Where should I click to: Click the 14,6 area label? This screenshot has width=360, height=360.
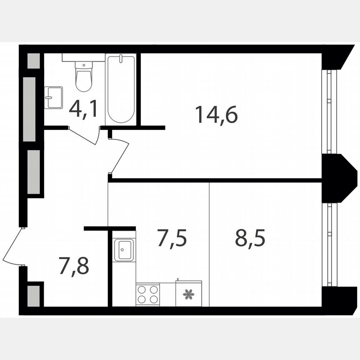point(216,115)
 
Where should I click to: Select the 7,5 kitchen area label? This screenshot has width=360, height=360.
point(172,238)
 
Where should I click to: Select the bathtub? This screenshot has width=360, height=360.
point(120,88)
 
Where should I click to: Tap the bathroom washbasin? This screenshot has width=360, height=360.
point(53,97)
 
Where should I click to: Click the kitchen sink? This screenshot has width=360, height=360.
point(124,250)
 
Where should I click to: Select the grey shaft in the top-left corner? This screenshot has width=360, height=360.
point(33,61)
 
